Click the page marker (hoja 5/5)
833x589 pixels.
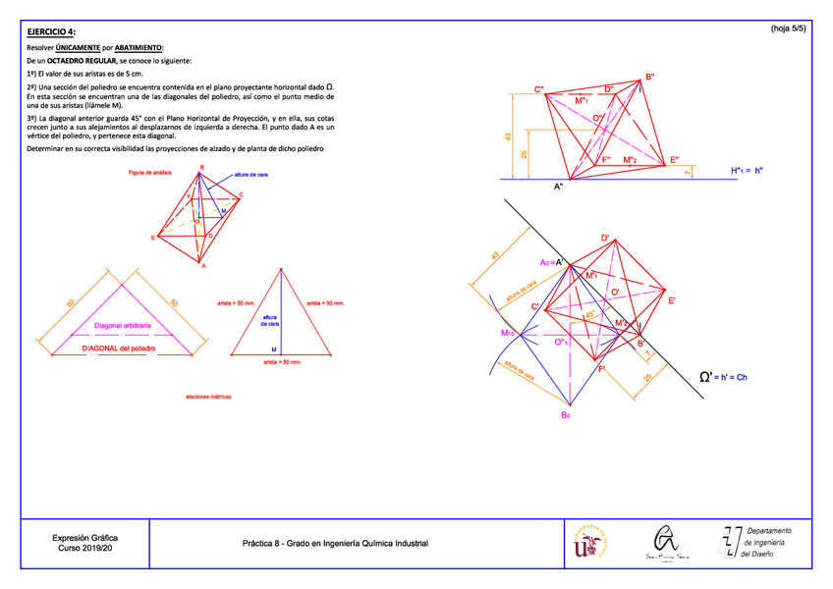pyautogui.click(x=788, y=29)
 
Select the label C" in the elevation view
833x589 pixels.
pyautogui.click(x=540, y=89)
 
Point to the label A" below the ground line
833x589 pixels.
pyautogui.click(x=559, y=187)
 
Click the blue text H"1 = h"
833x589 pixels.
pyautogui.click(x=748, y=170)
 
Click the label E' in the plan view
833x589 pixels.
pyautogui.click(x=672, y=301)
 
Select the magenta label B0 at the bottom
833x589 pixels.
pyautogui.click(x=566, y=416)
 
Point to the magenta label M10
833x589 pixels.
pyautogui.click(x=508, y=334)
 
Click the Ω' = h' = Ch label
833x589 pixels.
pyautogui.click(x=724, y=377)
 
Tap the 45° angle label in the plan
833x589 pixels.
pyautogui.click(x=589, y=315)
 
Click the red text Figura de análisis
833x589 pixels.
pyautogui.click(x=150, y=174)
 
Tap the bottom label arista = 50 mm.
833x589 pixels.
pyautogui.click(x=282, y=362)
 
